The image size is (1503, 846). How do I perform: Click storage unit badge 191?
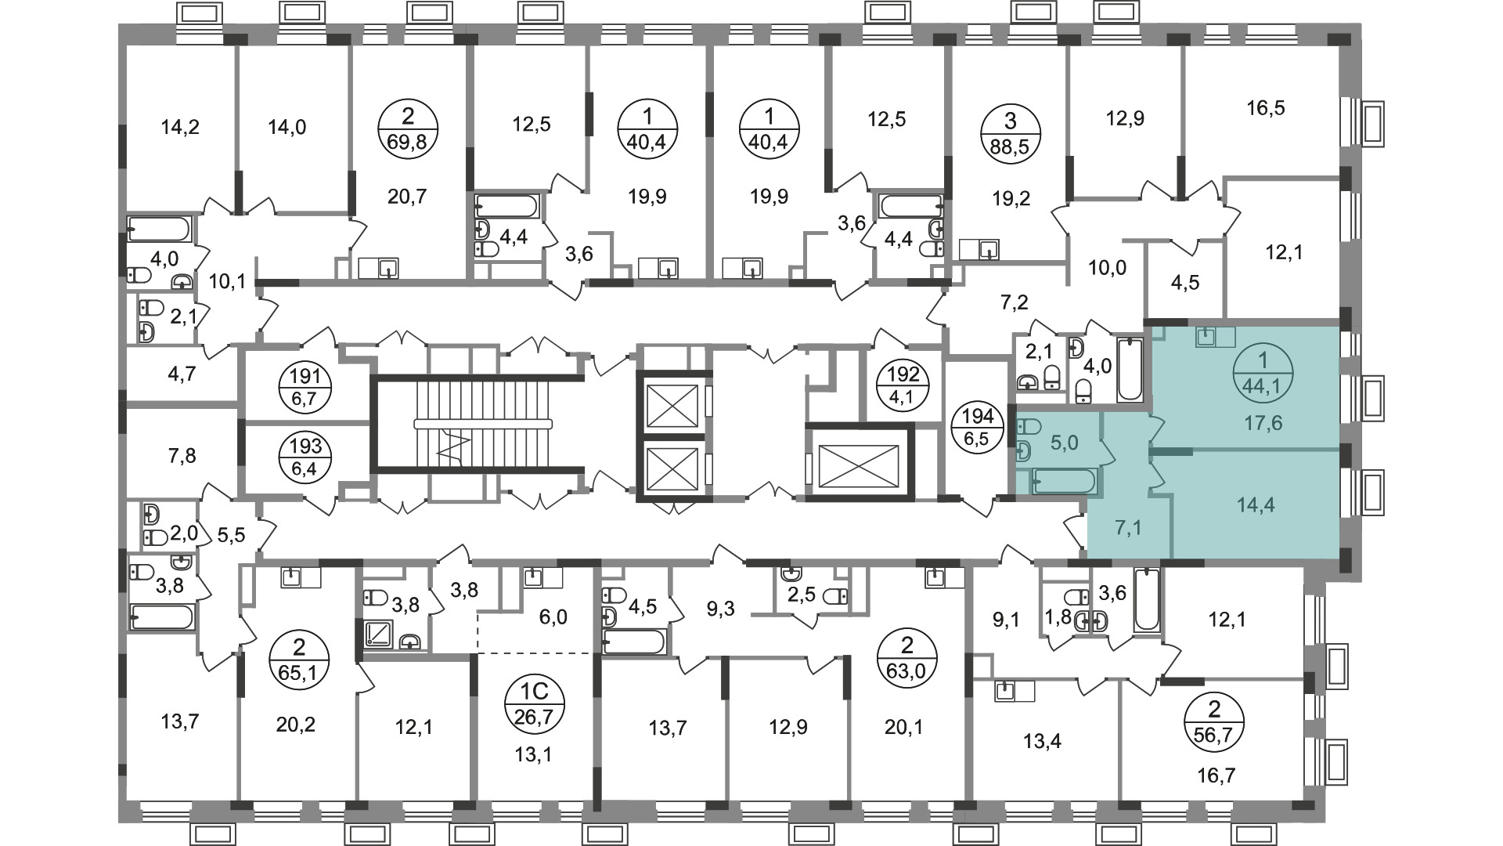pyautogui.click(x=307, y=386)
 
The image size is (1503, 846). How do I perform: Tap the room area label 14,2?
pyautogui.click(x=180, y=127)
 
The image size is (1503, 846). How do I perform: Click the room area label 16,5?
pyautogui.click(x=1266, y=107)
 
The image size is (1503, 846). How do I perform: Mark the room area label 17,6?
pyautogui.click(x=1263, y=424)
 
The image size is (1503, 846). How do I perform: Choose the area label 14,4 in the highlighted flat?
pyautogui.click(x=1256, y=505)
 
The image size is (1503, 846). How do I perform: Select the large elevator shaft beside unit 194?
pyautogui.click(x=859, y=462)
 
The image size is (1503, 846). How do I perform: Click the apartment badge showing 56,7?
pyautogui.click(x=1215, y=721)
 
